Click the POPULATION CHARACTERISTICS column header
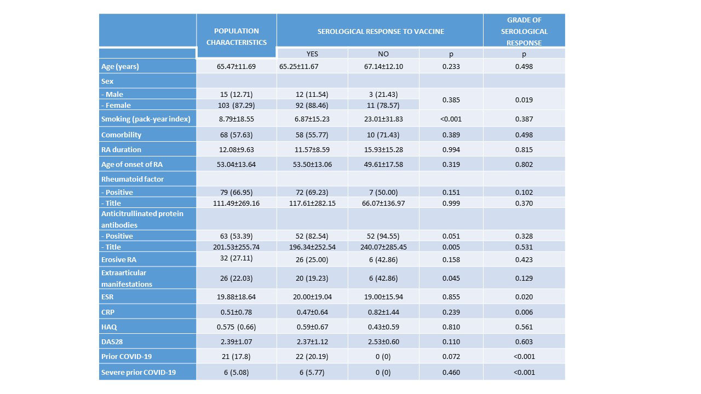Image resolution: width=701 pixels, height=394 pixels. [x=237, y=36]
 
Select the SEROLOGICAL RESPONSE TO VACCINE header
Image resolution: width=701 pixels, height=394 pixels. [x=381, y=31]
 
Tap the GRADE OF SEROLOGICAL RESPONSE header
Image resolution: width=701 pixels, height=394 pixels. [x=524, y=31]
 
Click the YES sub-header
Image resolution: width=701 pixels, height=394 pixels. [x=312, y=54]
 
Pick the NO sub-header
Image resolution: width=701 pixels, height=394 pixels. [x=383, y=54]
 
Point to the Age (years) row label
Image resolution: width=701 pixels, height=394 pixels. [x=120, y=67]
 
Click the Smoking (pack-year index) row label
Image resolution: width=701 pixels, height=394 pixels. [x=146, y=119]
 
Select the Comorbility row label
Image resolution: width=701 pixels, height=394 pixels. [x=121, y=135]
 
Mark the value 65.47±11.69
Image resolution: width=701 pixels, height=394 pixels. [x=236, y=67]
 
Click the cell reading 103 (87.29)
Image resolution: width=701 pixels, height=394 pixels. [x=236, y=105]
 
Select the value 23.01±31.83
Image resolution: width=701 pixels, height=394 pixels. [x=383, y=119]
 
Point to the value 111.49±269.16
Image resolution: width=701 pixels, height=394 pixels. [x=236, y=203]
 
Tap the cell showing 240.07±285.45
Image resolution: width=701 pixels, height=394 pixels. [x=383, y=247]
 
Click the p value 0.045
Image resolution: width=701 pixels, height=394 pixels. [x=451, y=278]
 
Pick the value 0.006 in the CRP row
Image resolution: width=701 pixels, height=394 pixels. [x=524, y=312]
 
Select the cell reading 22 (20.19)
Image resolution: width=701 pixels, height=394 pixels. [x=312, y=356]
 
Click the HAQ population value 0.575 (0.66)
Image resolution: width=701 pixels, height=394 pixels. [x=236, y=327]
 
